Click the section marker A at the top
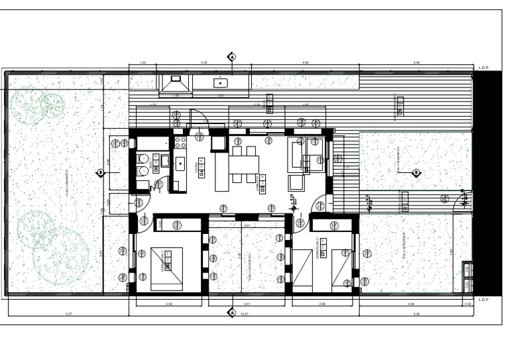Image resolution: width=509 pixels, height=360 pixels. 232,56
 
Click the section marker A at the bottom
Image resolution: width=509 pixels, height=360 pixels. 232,312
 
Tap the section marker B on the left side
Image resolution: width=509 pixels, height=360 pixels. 101,173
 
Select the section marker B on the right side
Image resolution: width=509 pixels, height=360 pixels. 416,173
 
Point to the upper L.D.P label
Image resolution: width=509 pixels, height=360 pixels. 483,68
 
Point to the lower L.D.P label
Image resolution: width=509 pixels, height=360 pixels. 483,300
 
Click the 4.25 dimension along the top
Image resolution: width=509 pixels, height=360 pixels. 204,63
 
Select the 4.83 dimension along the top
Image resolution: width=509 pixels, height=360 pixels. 306,63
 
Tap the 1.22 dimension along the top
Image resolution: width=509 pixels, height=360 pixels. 142,63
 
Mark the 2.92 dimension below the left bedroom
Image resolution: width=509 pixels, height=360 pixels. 169,304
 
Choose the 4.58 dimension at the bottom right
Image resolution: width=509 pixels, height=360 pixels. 410,304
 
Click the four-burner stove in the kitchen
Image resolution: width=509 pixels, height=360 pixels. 180,142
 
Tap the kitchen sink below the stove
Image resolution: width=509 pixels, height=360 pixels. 180,163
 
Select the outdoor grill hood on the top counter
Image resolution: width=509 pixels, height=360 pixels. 175,84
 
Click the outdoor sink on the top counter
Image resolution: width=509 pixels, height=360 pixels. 221,83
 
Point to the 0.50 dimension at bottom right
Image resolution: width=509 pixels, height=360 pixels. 469,304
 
